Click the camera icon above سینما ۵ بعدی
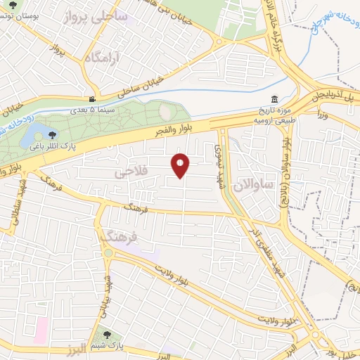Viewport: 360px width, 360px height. coord(93,100)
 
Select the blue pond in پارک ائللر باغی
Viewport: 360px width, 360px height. coord(35,134)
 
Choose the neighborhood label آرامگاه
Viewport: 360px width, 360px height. coord(101,59)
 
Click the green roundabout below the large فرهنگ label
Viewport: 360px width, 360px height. coord(110,252)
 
